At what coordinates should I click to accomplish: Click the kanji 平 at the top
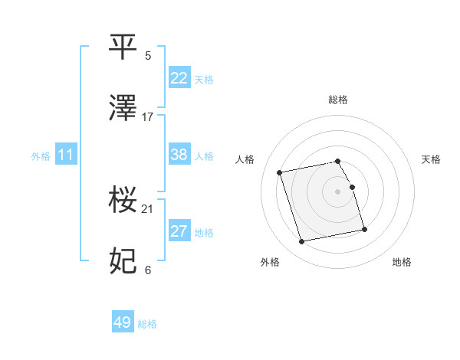123,47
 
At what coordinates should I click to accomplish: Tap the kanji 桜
123,201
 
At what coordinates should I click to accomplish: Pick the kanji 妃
123,261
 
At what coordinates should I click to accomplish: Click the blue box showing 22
179,78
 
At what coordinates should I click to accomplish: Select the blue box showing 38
179,155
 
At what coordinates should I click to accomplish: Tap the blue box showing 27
179,231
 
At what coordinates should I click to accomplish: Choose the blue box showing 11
66,155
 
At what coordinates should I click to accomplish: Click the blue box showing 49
123,322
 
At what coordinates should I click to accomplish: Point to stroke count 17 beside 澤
148,116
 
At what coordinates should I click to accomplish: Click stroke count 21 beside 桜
148,208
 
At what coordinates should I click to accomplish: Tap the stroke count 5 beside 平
148,55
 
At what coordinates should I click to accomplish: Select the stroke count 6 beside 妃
148,270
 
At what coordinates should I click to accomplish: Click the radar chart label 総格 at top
338,100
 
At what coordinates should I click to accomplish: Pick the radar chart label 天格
432,159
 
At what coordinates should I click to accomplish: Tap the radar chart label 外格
270,262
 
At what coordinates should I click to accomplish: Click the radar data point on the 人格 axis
280,172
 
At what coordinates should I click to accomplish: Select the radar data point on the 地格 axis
364,229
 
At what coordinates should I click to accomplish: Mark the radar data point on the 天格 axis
352,187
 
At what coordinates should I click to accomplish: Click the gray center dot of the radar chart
338,191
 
